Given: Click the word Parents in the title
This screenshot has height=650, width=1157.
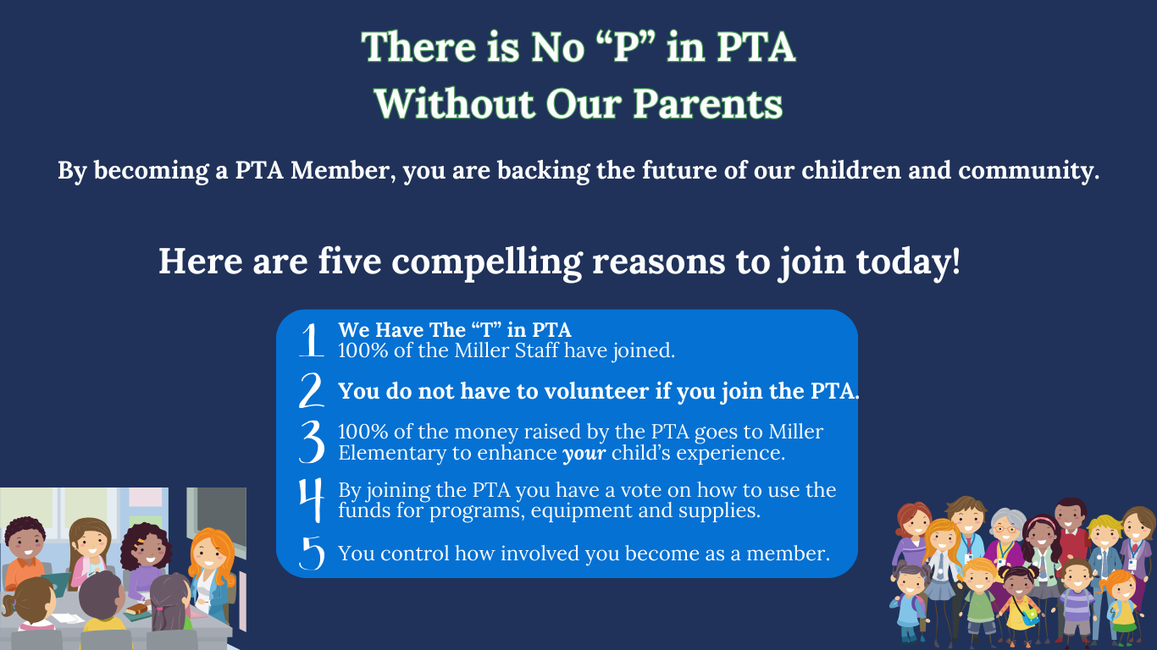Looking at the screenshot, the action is [707, 104].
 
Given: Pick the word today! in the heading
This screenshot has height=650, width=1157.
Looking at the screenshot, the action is [908, 262].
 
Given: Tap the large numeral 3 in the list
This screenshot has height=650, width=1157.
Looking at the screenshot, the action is [312, 442].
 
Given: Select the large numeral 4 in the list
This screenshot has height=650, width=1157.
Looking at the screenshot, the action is [312, 499].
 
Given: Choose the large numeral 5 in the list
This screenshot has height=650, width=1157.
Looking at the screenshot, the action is [312, 553].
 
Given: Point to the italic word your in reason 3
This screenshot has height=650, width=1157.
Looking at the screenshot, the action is [584, 454].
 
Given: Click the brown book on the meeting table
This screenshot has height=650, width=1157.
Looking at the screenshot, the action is [136, 609].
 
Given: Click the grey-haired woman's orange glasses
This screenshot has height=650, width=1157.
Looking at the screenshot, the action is [1005, 530].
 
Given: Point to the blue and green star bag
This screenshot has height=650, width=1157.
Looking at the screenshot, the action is [1029, 615].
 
